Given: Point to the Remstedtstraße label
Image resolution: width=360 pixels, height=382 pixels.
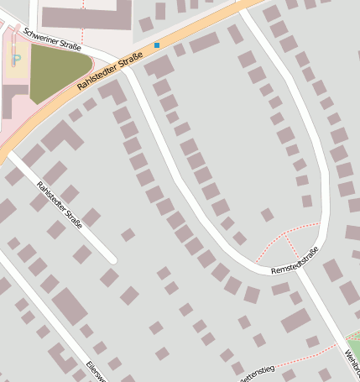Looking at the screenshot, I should point(295,262).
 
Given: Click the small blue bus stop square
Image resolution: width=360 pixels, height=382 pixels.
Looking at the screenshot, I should point(157,44).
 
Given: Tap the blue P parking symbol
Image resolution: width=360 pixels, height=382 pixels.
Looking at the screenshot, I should point(16,60).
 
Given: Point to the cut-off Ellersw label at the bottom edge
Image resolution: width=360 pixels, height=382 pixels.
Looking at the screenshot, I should point(94,373).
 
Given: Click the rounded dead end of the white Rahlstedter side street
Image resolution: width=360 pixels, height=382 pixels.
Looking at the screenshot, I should point(111,259).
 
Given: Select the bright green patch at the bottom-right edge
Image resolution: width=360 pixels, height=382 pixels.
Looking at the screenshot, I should point(354,345).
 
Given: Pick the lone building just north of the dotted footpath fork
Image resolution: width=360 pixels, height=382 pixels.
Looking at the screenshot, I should point(268,215).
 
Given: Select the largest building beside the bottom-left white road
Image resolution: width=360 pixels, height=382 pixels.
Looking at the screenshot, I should point(69,306).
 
